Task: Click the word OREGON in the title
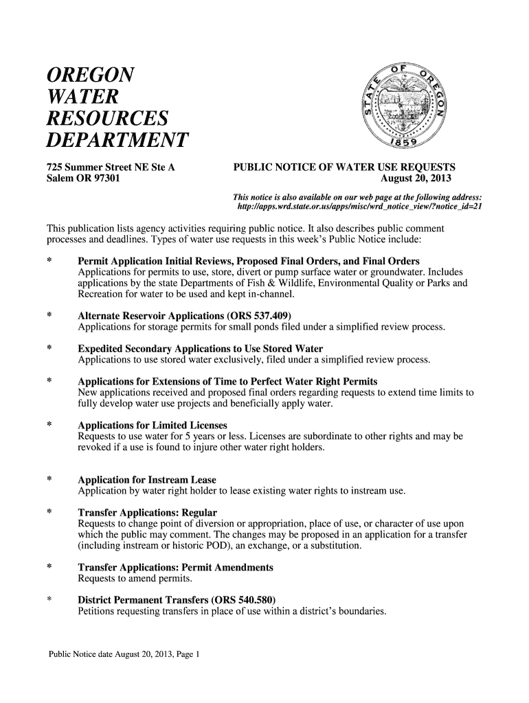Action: pyautogui.click(x=89, y=75)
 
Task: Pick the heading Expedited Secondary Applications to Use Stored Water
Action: pyautogui.click(x=201, y=349)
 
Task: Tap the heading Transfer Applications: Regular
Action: pyautogui.click(x=148, y=513)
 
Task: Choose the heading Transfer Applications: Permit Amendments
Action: pyautogui.click(x=176, y=568)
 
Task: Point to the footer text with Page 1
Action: pyautogui.click(x=123, y=654)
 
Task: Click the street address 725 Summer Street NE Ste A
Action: pyautogui.click(x=111, y=168)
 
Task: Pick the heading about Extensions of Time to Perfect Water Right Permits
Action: pyautogui.click(x=227, y=382)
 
